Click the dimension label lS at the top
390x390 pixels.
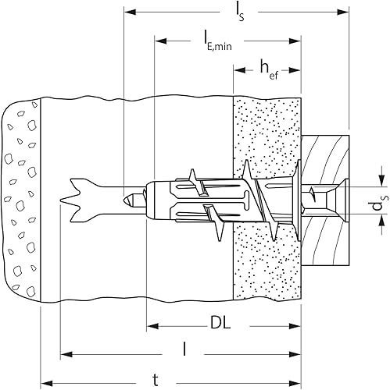click(x=240, y=12)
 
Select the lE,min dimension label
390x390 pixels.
click(x=217, y=41)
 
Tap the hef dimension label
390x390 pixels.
click(x=269, y=69)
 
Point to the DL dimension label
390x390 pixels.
click(x=220, y=324)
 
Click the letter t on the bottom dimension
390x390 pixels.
click(x=156, y=381)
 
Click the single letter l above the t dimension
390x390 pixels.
click(x=184, y=349)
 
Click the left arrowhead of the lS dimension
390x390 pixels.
click(x=130, y=12)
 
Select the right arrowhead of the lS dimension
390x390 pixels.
click(x=342, y=12)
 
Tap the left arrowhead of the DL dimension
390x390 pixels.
click(x=152, y=326)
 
